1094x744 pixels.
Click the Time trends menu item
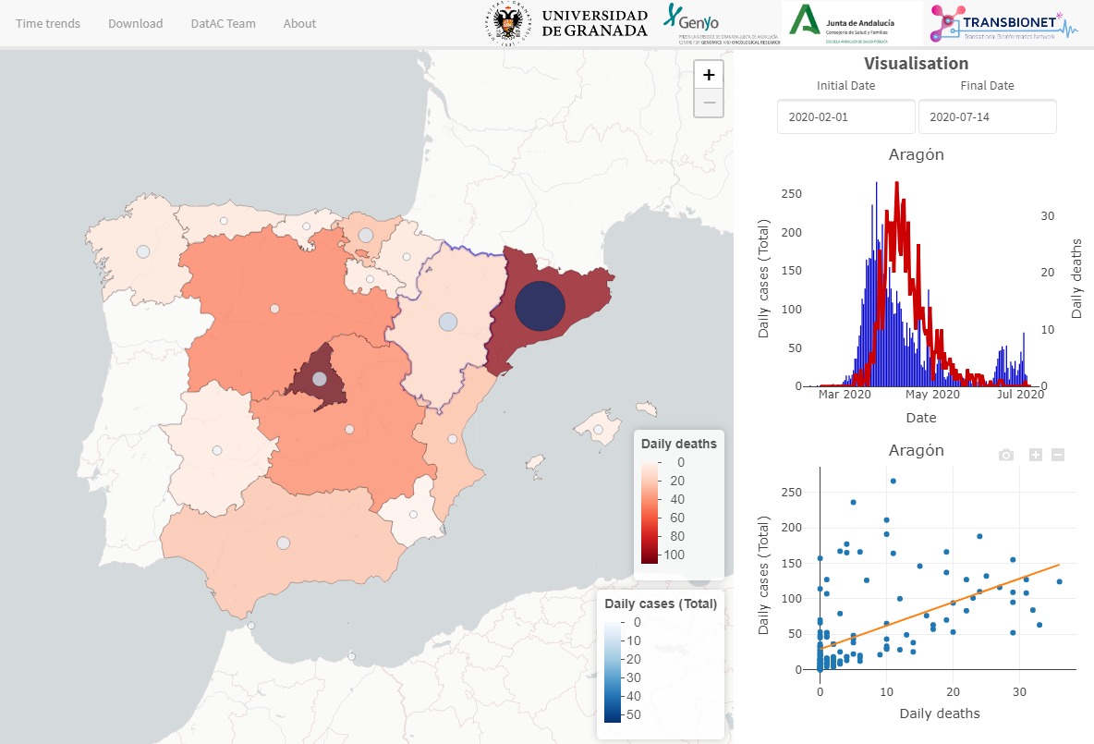(x=48, y=23)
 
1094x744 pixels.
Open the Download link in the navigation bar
(x=135, y=23)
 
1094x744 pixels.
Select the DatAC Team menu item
(x=223, y=23)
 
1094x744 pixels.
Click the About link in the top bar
(x=299, y=23)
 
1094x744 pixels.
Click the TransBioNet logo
(x=1003, y=23)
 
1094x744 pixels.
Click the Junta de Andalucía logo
(x=851, y=23)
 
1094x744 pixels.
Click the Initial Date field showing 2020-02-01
(x=845, y=117)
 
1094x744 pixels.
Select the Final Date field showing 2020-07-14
(x=987, y=117)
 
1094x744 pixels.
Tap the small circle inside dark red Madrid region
(x=319, y=378)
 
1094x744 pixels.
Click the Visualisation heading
(x=916, y=64)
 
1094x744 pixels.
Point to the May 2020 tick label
(x=932, y=395)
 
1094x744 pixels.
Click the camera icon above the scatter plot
(x=1006, y=455)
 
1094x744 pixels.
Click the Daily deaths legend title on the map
(x=678, y=444)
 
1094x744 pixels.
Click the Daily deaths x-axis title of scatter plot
(x=939, y=713)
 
